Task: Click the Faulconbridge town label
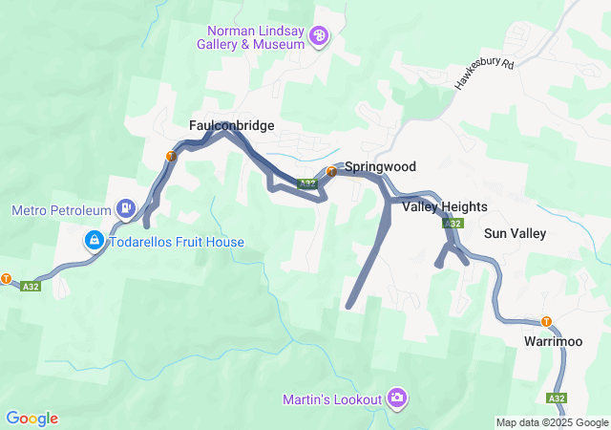click(x=232, y=125)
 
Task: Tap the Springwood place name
click(x=380, y=166)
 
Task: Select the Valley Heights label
click(x=445, y=206)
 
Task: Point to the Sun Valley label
click(x=515, y=233)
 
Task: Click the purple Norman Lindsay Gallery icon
click(x=320, y=37)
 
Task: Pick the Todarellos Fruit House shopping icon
click(x=94, y=241)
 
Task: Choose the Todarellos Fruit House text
click(x=177, y=242)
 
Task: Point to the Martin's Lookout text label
click(x=332, y=398)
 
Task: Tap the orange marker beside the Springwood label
click(x=330, y=172)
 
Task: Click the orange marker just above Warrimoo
click(x=547, y=321)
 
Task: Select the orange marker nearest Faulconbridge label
click(x=171, y=156)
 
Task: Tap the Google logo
click(x=32, y=418)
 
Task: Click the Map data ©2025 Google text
click(x=552, y=422)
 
